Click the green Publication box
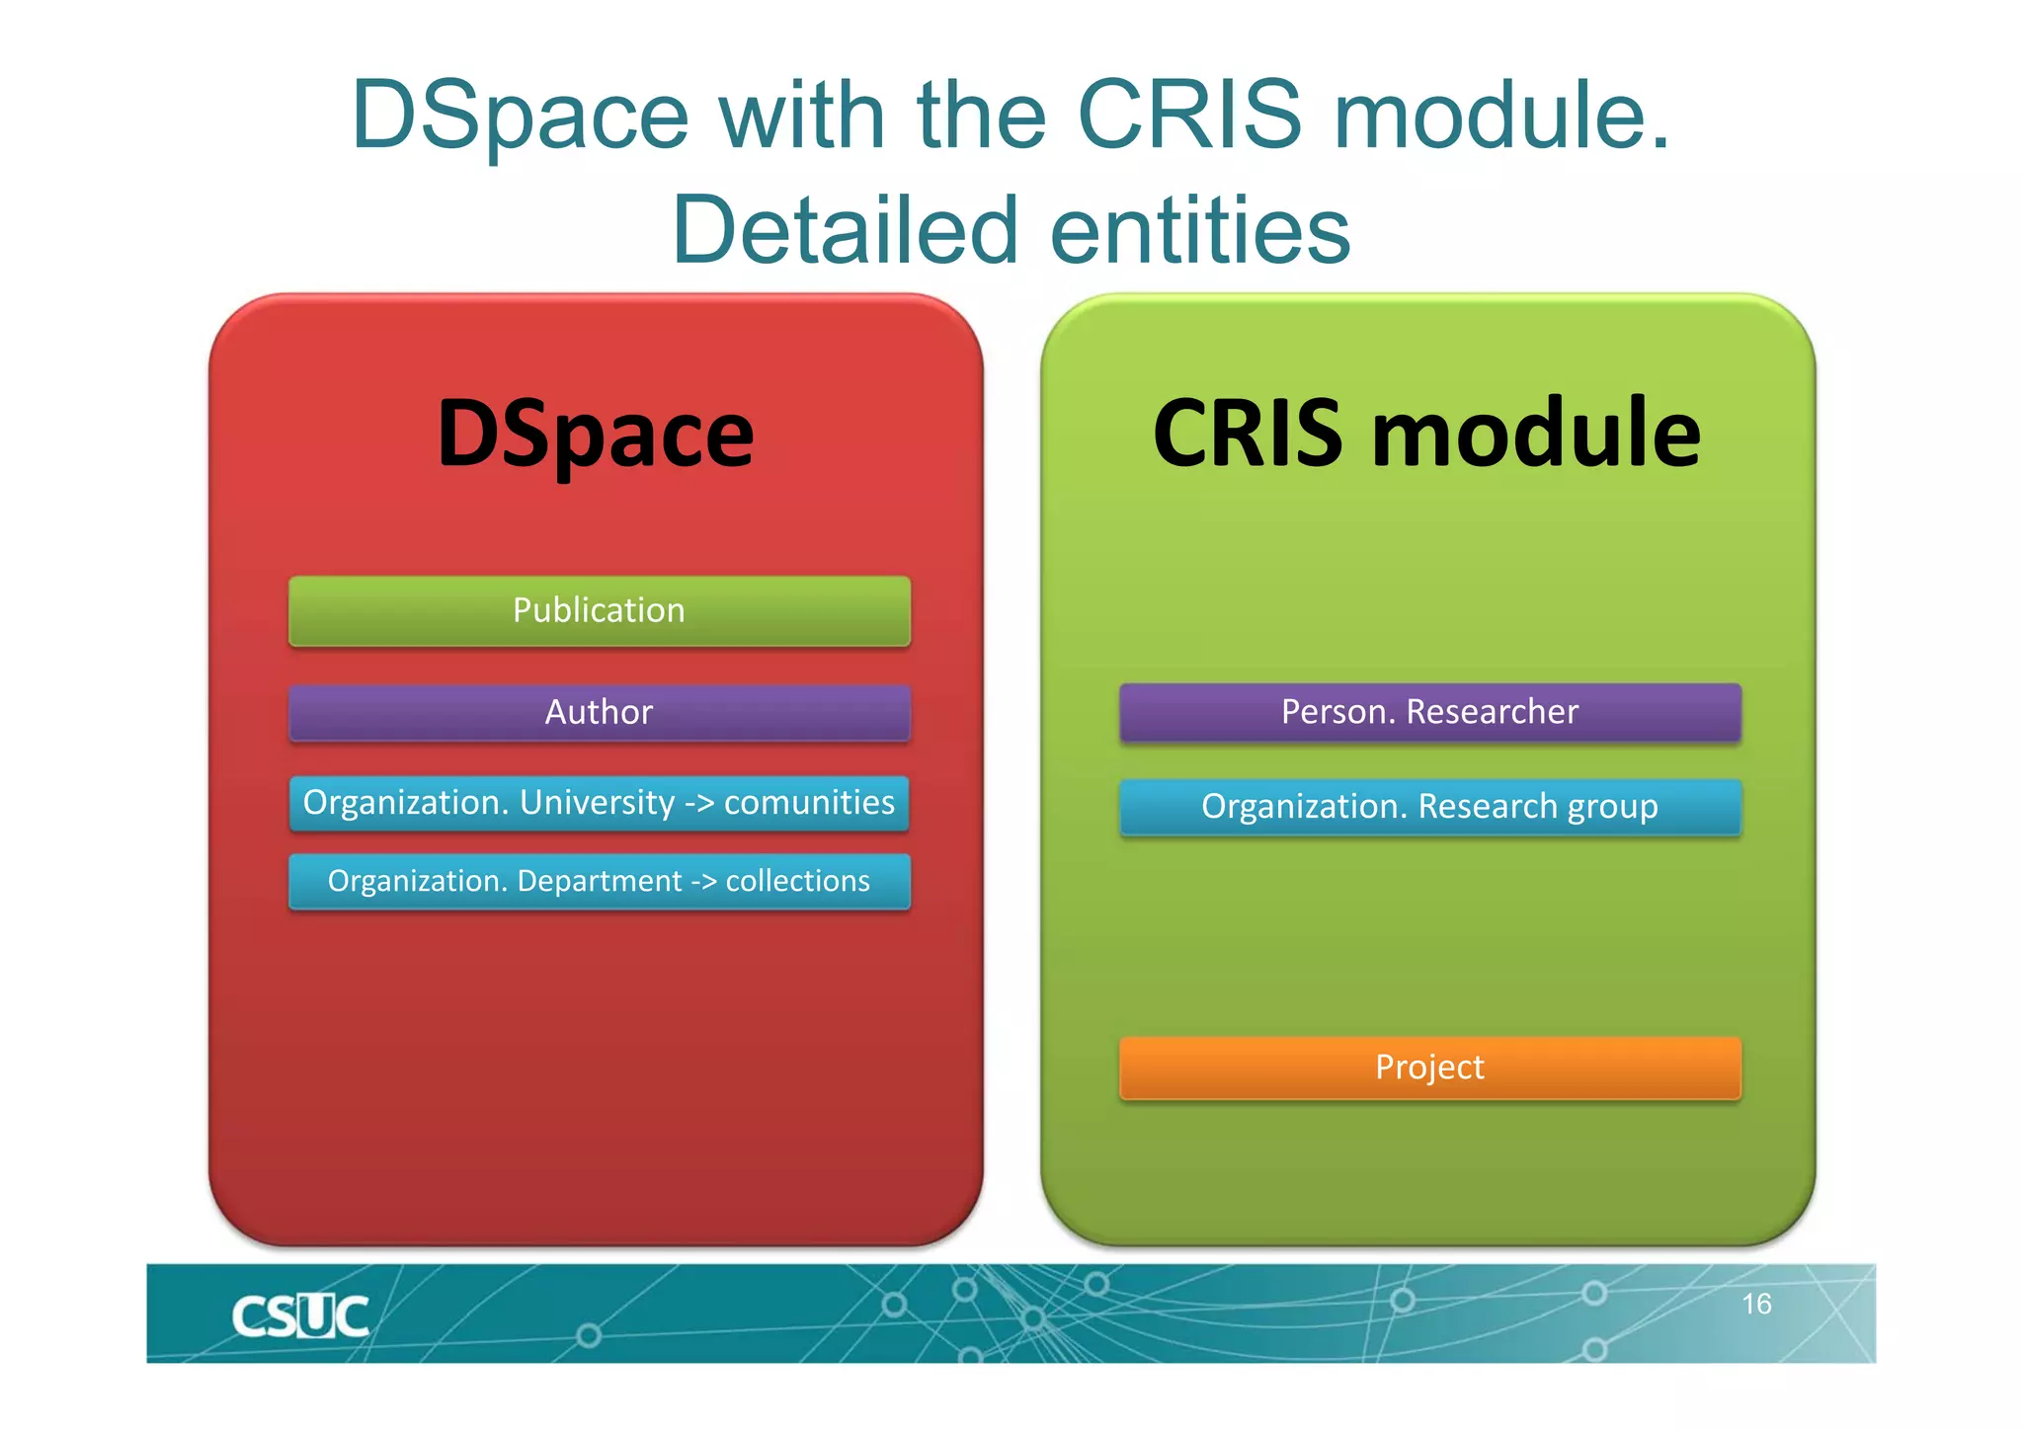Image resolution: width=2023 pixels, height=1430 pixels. click(x=599, y=611)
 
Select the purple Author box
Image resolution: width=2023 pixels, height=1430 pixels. click(x=599, y=712)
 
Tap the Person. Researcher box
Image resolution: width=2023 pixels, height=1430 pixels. click(x=1429, y=712)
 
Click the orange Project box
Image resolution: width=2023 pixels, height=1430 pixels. click(x=1429, y=1068)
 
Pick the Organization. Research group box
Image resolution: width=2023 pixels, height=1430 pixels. click(x=1429, y=807)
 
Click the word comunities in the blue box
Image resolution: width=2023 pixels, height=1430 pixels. click(x=809, y=803)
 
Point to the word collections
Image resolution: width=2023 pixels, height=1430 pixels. click(x=797, y=881)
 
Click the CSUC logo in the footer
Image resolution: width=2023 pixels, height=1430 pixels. click(x=299, y=1316)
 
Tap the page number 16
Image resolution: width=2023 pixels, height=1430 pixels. click(x=1755, y=1305)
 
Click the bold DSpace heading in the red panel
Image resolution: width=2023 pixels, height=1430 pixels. click(x=596, y=435)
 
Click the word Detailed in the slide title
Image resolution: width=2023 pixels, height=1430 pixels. click(x=845, y=230)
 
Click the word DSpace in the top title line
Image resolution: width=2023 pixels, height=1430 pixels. click(x=520, y=117)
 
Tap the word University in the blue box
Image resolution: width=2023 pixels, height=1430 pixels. click(x=597, y=803)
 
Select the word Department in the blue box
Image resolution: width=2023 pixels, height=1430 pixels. click(x=599, y=881)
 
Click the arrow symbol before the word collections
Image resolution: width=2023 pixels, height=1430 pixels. click(x=703, y=882)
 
